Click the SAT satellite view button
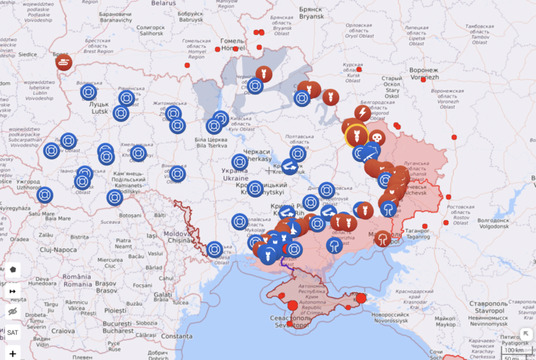click(x=13, y=332)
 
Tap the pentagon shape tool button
click(x=13, y=270)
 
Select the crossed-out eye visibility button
click(x=13, y=311)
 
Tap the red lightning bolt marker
click(x=363, y=113)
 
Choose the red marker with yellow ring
click(x=356, y=134)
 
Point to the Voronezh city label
click(x=424, y=74)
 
